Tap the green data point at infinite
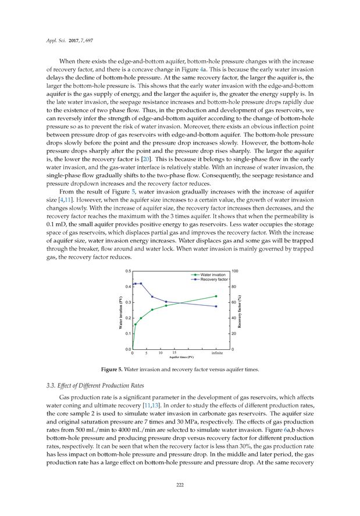coord(216,296)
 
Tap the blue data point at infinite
coord(216,306)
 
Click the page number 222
coord(180,486)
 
